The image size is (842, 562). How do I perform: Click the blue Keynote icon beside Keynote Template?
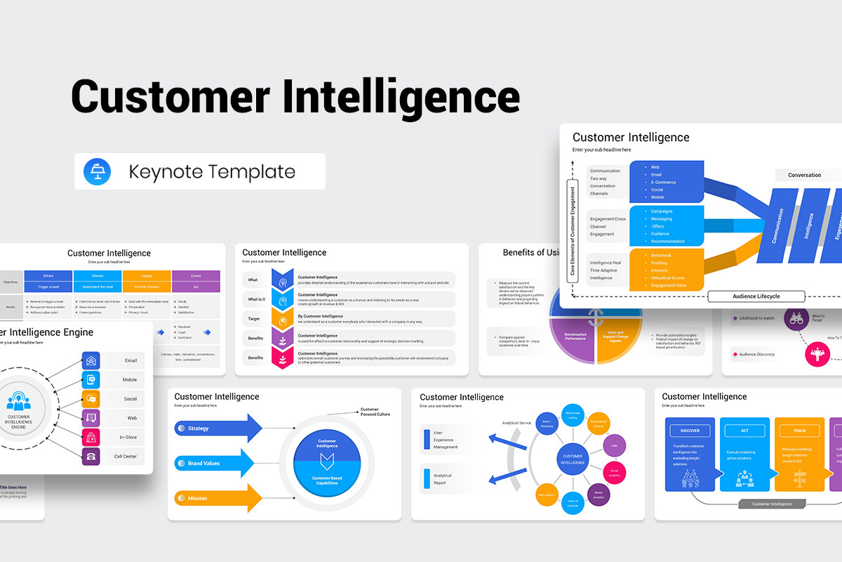point(96,171)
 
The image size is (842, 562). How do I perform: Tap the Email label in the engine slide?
point(131,360)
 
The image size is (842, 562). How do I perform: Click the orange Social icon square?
point(91,399)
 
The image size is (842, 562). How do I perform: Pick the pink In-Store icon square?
point(91,437)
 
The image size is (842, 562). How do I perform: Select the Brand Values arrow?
point(214,463)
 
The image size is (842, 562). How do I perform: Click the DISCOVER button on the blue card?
point(690,431)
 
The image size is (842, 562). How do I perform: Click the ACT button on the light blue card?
point(744,431)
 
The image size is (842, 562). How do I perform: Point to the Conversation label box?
point(804,175)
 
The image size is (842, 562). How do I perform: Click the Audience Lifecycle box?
point(756,296)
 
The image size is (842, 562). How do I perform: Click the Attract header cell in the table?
point(48,276)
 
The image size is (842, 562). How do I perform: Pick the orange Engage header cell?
point(147,276)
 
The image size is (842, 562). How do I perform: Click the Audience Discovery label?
point(756,354)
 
